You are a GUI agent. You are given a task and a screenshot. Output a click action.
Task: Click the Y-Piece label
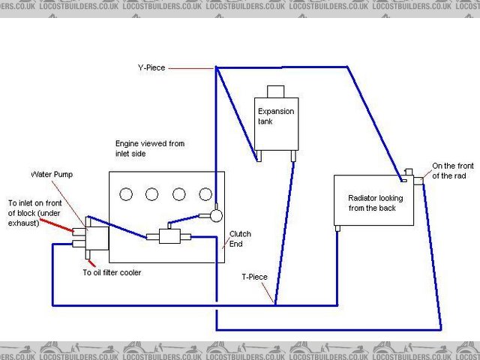[150, 67]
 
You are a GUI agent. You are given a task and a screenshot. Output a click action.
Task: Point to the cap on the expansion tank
[276, 91]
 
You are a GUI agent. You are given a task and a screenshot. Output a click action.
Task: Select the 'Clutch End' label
[240, 238]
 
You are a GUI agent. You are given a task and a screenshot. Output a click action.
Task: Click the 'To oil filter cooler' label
[111, 272]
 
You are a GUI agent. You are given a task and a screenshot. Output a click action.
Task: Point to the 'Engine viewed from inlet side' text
[149, 148]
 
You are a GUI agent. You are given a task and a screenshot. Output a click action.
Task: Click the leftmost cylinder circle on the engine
[126, 194]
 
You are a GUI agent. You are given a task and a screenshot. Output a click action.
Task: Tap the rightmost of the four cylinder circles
[205, 194]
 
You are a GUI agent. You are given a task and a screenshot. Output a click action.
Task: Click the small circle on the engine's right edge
[217, 214]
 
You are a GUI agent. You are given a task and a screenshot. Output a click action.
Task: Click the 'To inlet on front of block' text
[36, 212]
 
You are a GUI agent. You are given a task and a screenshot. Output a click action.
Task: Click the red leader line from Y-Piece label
[191, 68]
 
